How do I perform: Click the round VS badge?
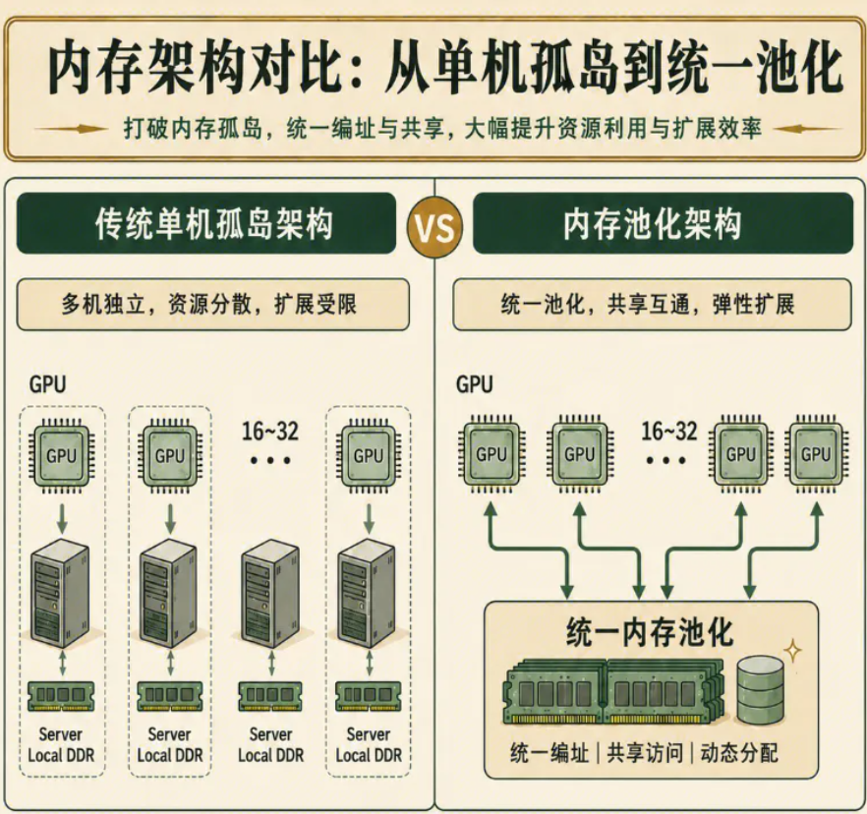(x=434, y=228)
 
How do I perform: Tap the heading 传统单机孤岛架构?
(x=214, y=224)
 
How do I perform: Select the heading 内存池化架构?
(x=652, y=224)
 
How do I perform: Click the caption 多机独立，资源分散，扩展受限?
(x=208, y=304)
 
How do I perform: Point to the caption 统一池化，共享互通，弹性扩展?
(x=648, y=304)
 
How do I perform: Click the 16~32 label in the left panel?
(x=269, y=432)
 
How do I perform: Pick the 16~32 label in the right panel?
(x=669, y=432)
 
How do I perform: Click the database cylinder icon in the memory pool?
(x=760, y=689)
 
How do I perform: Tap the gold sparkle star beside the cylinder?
(x=793, y=651)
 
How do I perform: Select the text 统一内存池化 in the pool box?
(x=650, y=633)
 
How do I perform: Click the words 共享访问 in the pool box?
(x=645, y=753)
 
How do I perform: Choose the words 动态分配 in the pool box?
(x=739, y=753)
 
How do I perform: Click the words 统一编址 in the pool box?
(x=549, y=753)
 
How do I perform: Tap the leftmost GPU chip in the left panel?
(x=61, y=456)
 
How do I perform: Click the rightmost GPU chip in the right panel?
(x=816, y=454)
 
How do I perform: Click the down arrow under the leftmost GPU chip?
(x=62, y=517)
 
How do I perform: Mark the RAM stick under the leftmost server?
(x=61, y=696)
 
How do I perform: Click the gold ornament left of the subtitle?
(x=70, y=130)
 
